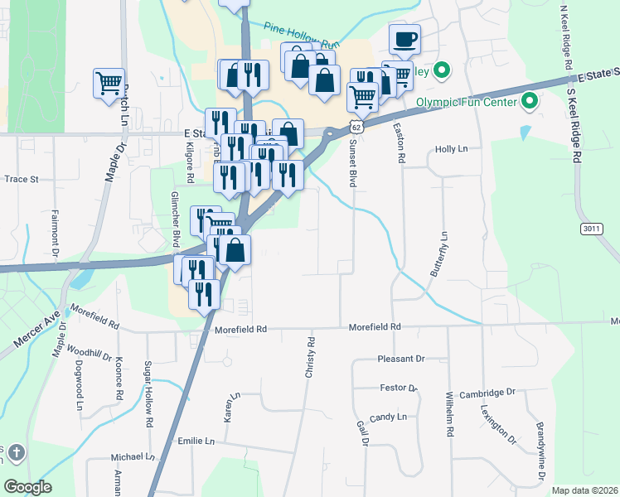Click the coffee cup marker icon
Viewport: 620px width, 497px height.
point(404,39)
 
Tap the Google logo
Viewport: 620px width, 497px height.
point(27,487)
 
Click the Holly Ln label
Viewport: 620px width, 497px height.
point(452,150)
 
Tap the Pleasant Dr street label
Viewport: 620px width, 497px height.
point(400,359)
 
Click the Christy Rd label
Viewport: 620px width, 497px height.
point(311,358)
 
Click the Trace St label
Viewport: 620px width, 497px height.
point(22,178)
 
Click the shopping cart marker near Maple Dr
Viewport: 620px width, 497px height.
point(109,84)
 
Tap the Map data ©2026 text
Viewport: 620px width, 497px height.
point(584,490)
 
